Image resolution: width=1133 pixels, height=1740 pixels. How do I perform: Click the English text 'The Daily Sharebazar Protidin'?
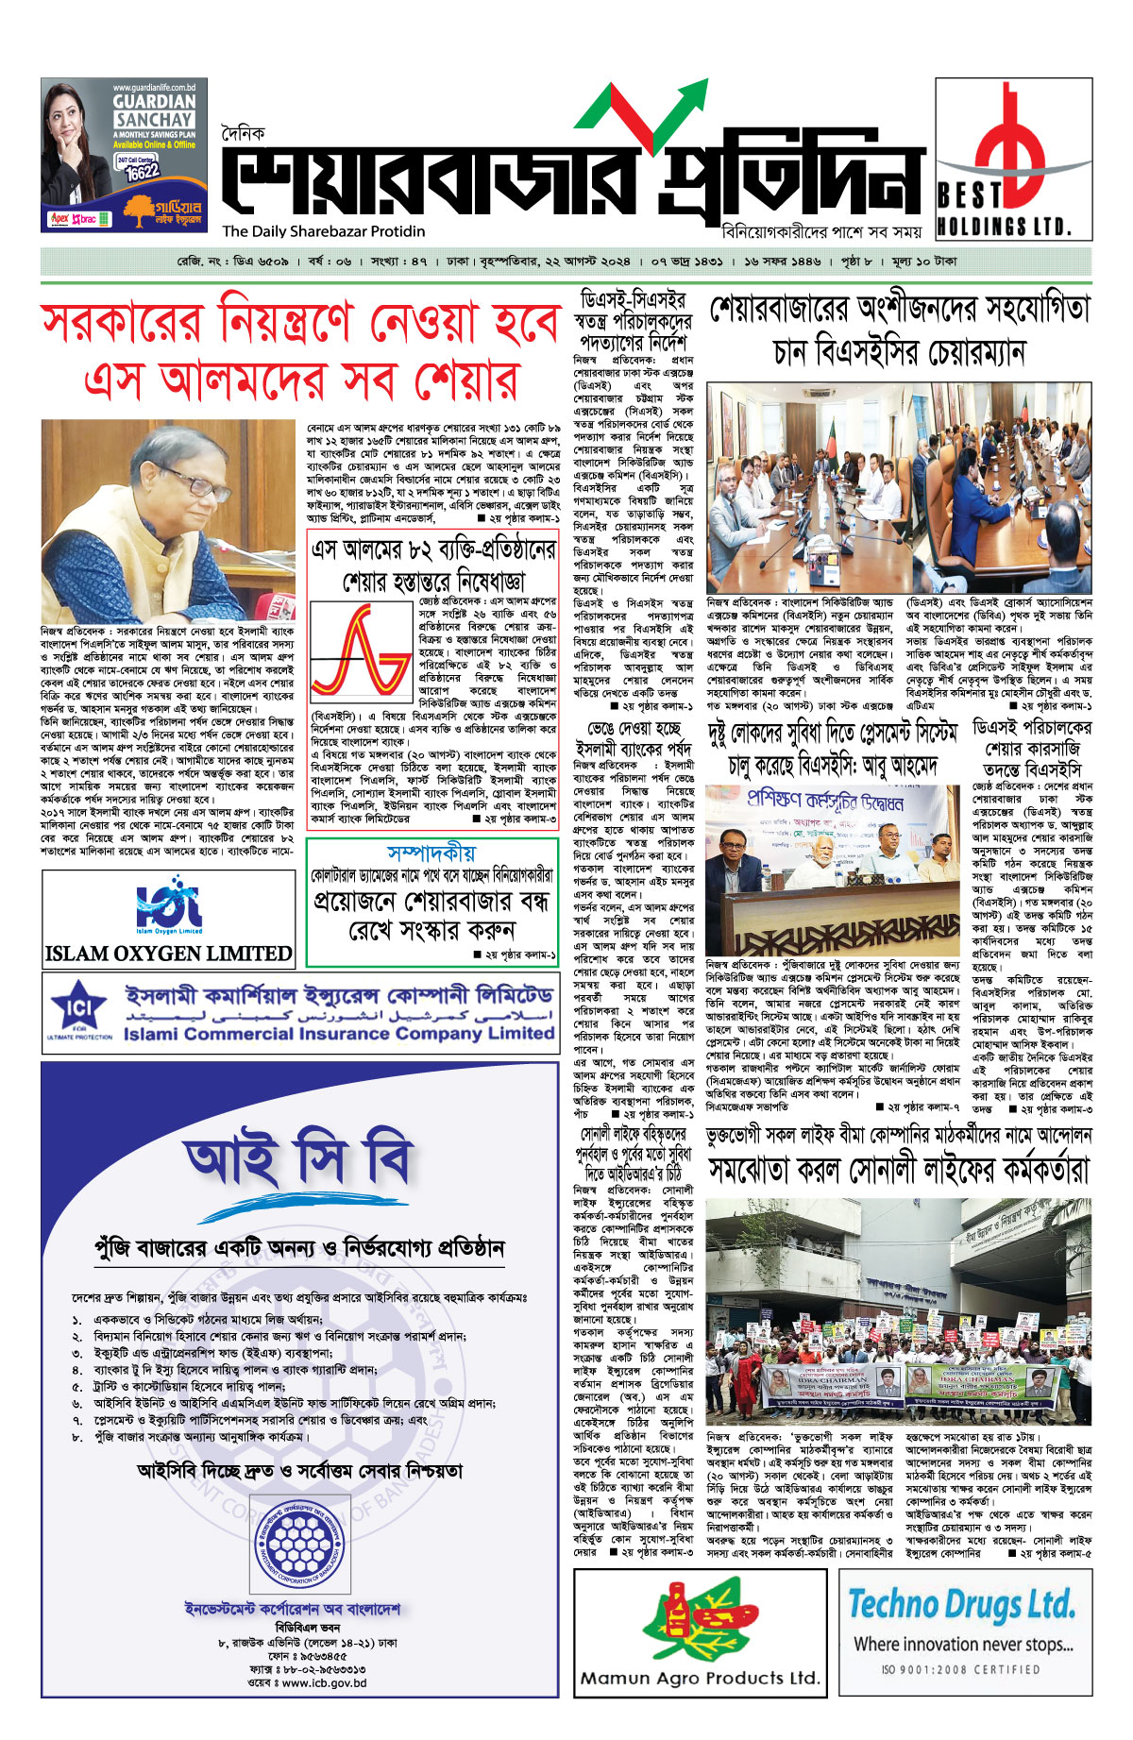point(323,231)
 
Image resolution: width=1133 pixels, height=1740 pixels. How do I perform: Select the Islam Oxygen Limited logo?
point(168,907)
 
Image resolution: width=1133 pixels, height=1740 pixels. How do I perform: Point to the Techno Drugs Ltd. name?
point(960,1604)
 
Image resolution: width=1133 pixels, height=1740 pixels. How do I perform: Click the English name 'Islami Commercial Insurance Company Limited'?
point(338,1034)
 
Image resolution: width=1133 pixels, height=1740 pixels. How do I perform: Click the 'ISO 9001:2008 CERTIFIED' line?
point(960,1669)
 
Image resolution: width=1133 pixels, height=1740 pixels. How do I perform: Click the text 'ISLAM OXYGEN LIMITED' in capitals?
point(168,953)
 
